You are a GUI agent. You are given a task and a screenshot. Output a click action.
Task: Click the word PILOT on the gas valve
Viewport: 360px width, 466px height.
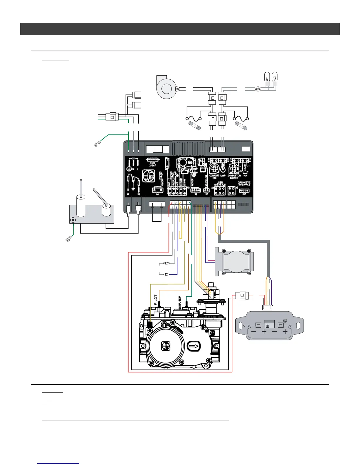tap(156, 300)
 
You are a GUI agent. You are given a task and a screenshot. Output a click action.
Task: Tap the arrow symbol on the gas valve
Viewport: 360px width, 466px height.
tap(193, 346)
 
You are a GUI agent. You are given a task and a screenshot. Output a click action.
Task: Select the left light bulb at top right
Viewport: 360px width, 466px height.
tap(267, 79)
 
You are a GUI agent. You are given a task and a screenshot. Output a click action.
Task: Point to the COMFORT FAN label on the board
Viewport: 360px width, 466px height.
tap(214, 177)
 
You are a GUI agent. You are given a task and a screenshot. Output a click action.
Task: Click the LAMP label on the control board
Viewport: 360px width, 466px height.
tap(223, 175)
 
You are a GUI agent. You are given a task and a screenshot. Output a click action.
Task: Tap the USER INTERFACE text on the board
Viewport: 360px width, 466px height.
tap(220, 184)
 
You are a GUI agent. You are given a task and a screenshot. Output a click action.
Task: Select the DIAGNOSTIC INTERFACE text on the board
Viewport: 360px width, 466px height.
tap(244, 183)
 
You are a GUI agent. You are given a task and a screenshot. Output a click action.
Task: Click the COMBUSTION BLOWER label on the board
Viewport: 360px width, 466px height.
tap(234, 177)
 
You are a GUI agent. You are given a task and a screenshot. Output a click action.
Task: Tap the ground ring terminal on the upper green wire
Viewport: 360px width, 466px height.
tap(96, 144)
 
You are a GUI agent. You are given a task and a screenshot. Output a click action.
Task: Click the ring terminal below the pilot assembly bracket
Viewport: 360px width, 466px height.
tap(68, 240)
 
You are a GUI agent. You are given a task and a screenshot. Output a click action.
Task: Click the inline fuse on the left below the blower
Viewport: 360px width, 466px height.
tap(194, 126)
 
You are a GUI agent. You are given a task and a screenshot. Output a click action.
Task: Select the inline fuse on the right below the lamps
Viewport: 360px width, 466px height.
tap(241, 126)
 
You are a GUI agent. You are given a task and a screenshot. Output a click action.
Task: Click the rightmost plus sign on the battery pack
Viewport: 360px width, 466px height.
tap(285, 332)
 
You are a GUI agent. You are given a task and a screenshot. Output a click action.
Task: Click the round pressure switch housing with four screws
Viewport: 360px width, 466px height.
tap(236, 261)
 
